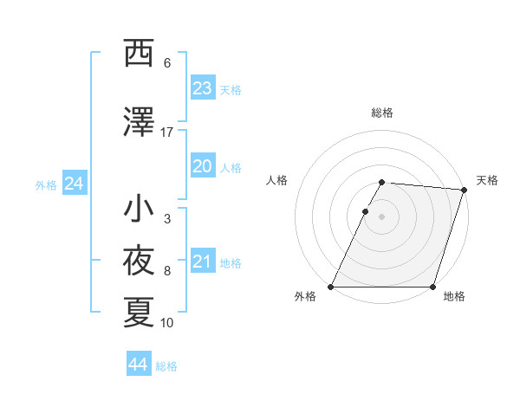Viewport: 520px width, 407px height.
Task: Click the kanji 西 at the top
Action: pyautogui.click(x=139, y=54)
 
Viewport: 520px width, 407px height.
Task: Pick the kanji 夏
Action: pyautogui.click(x=139, y=313)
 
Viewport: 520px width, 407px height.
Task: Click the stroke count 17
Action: pyautogui.click(x=167, y=132)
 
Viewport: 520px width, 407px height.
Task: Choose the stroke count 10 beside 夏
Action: pyautogui.click(x=167, y=323)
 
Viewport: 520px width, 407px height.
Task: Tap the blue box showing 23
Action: pyautogui.click(x=203, y=88)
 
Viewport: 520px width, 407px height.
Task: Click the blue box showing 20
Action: pyautogui.click(x=203, y=166)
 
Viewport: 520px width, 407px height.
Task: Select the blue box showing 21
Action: pyautogui.click(x=203, y=262)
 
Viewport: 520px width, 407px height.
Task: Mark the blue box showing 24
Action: pyautogui.click(x=74, y=184)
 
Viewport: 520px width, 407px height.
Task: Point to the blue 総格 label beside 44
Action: pyautogui.click(x=166, y=366)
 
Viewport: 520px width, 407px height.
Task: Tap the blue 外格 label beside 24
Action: pyautogui.click(x=46, y=185)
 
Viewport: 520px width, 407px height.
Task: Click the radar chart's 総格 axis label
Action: pyautogui.click(x=382, y=113)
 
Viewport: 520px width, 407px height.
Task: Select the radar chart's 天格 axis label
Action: pyautogui.click(x=487, y=180)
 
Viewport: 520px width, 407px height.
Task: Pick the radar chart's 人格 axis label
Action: pyautogui.click(x=276, y=180)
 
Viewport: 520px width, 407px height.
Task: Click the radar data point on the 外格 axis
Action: pyautogui.click(x=331, y=287)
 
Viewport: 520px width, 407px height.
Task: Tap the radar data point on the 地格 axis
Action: pyautogui.click(x=432, y=287)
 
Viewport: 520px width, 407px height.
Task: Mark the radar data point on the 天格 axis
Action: pyautogui.click(x=465, y=190)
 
